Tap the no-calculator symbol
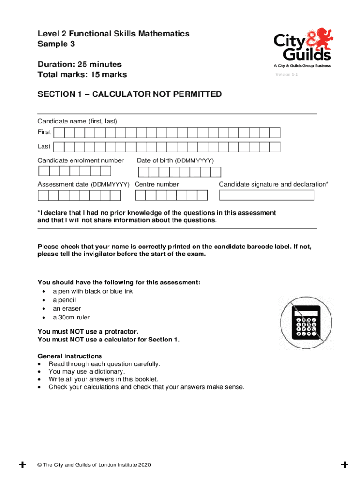[306, 324]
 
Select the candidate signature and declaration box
[266, 195]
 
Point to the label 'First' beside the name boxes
[44, 132]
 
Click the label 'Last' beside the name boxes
[44, 146]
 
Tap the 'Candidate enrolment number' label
[80, 160]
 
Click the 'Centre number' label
[157, 184]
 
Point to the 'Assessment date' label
[83, 184]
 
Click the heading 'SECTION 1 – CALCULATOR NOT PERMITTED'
[130, 94]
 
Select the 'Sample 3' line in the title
[56, 44]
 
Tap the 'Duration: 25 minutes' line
[79, 64]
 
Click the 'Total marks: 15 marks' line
[82, 75]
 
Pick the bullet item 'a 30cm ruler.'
[69, 318]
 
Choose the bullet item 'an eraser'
[67, 309]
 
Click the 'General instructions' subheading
[70, 356]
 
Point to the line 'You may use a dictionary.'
[87, 372]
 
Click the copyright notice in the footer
[94, 465]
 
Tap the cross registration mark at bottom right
[345, 464]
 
